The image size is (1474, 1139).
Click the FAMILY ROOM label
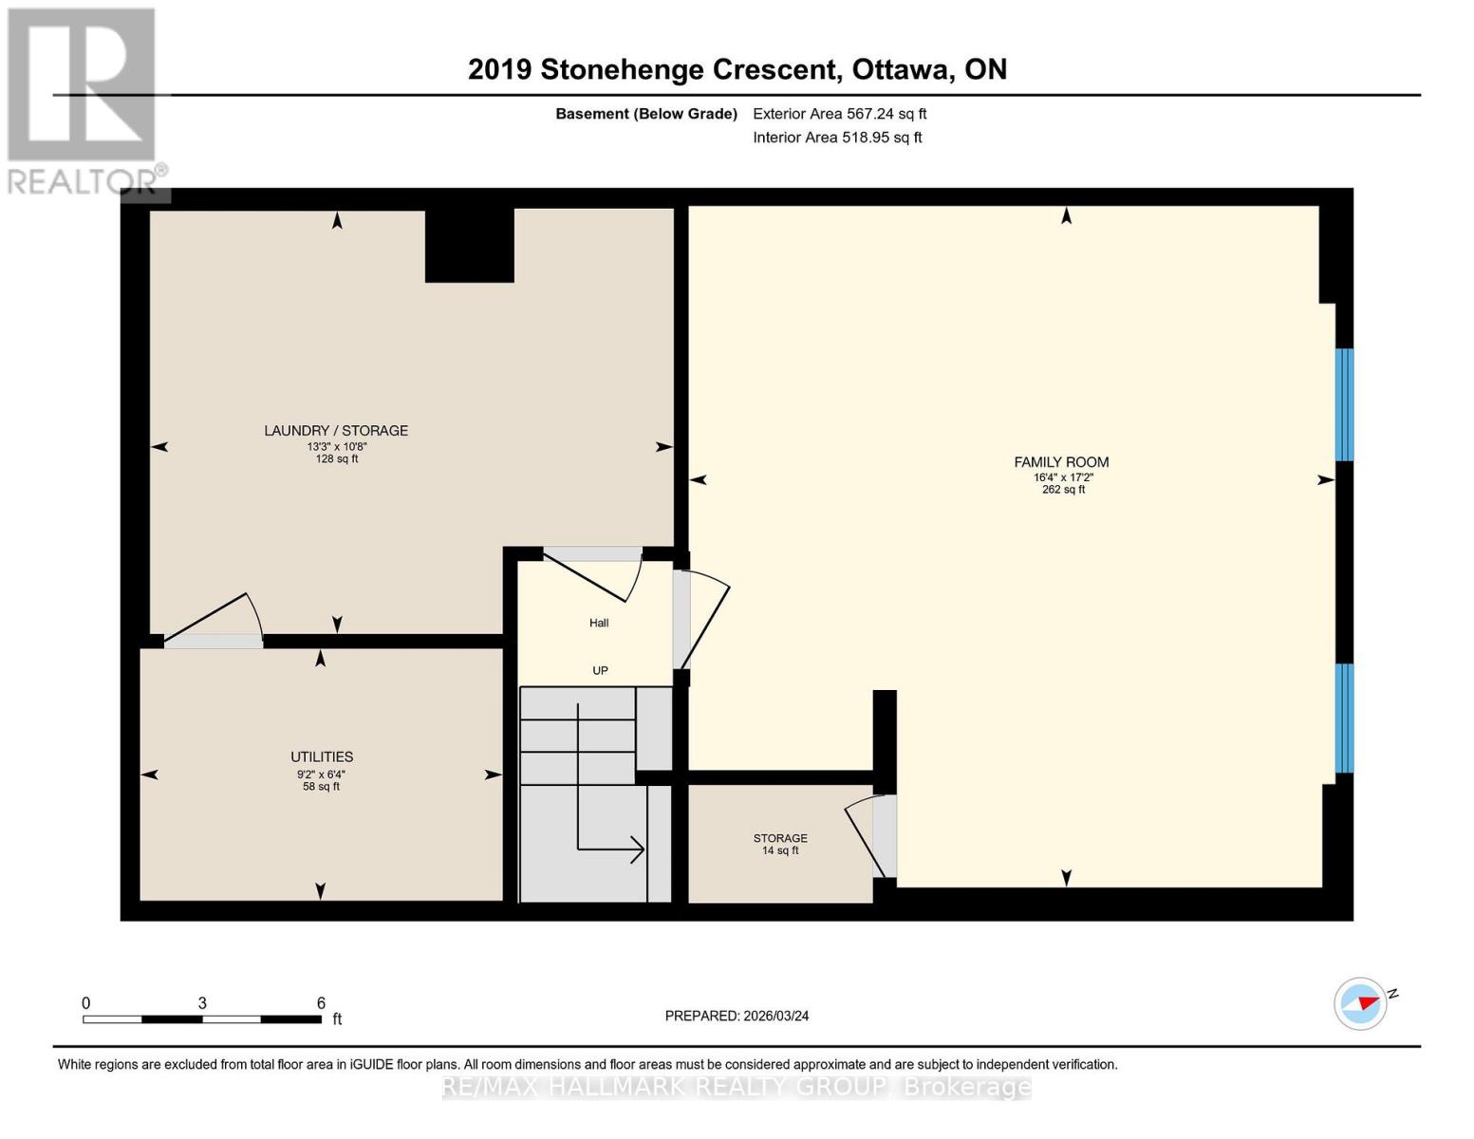1061,462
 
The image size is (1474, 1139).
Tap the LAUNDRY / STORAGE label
336,431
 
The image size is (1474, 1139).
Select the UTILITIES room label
322,757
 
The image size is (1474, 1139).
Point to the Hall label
599,624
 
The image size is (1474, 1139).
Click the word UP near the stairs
600,671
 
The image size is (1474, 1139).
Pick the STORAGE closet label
780,838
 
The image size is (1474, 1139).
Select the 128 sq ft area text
337,459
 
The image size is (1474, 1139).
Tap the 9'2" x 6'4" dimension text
321,774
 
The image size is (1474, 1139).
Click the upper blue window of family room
1344,404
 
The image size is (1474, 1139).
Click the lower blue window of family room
1344,719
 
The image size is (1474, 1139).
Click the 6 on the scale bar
321,1003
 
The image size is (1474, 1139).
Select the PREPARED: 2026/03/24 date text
737,1016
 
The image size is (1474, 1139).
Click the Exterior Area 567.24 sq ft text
839,114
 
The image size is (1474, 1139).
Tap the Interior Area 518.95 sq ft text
837,138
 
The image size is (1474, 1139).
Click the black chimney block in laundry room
469,245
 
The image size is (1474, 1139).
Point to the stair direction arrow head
639,850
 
